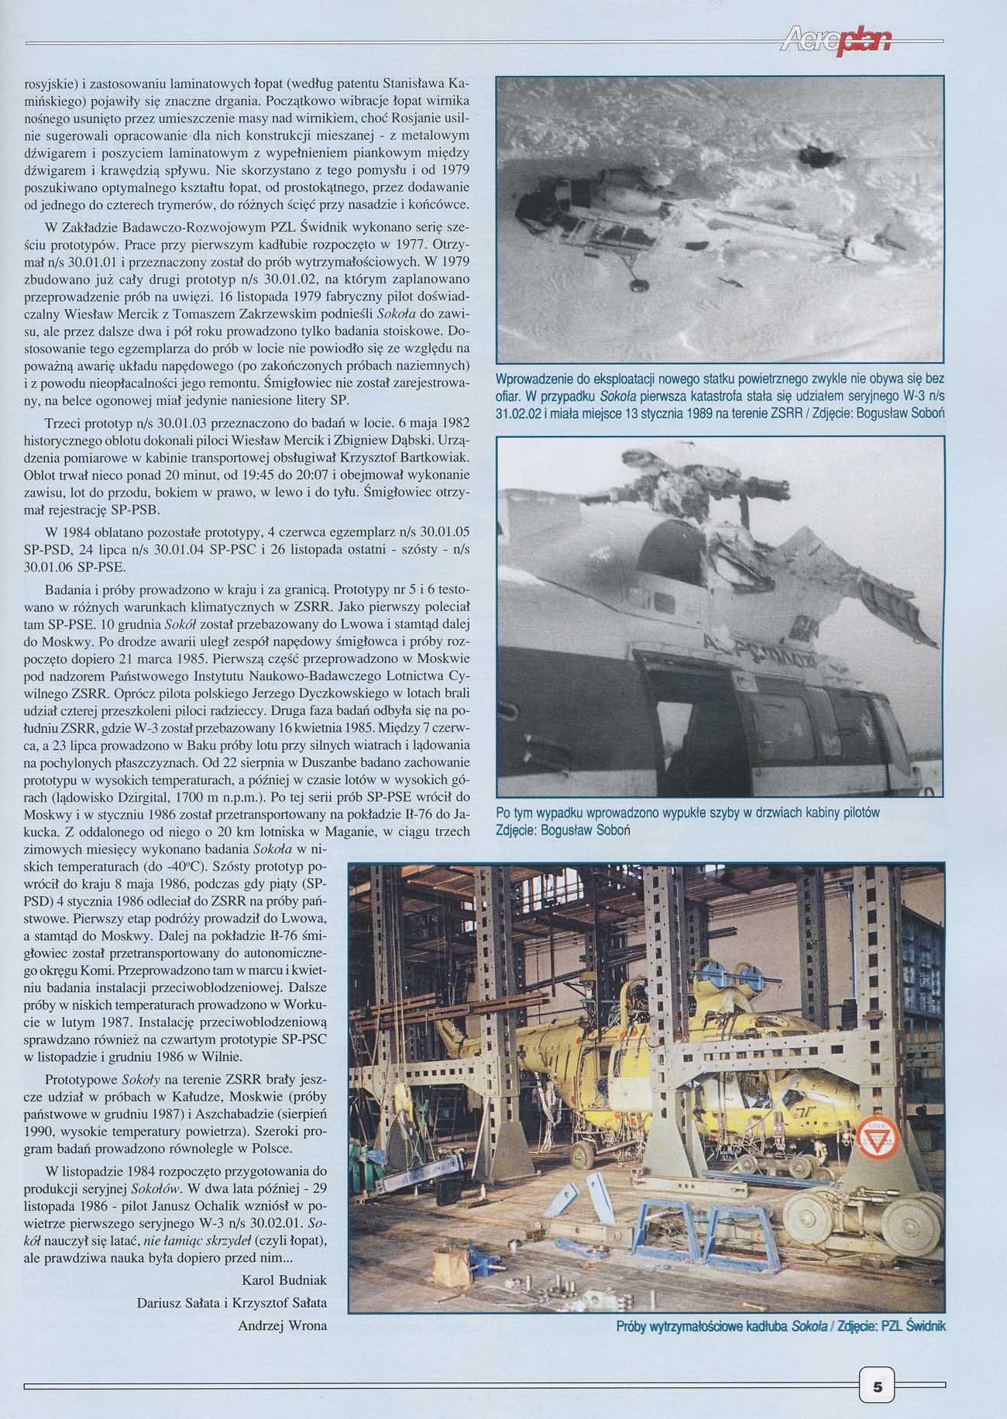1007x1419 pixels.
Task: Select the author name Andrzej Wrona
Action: pyautogui.click(x=283, y=1325)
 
